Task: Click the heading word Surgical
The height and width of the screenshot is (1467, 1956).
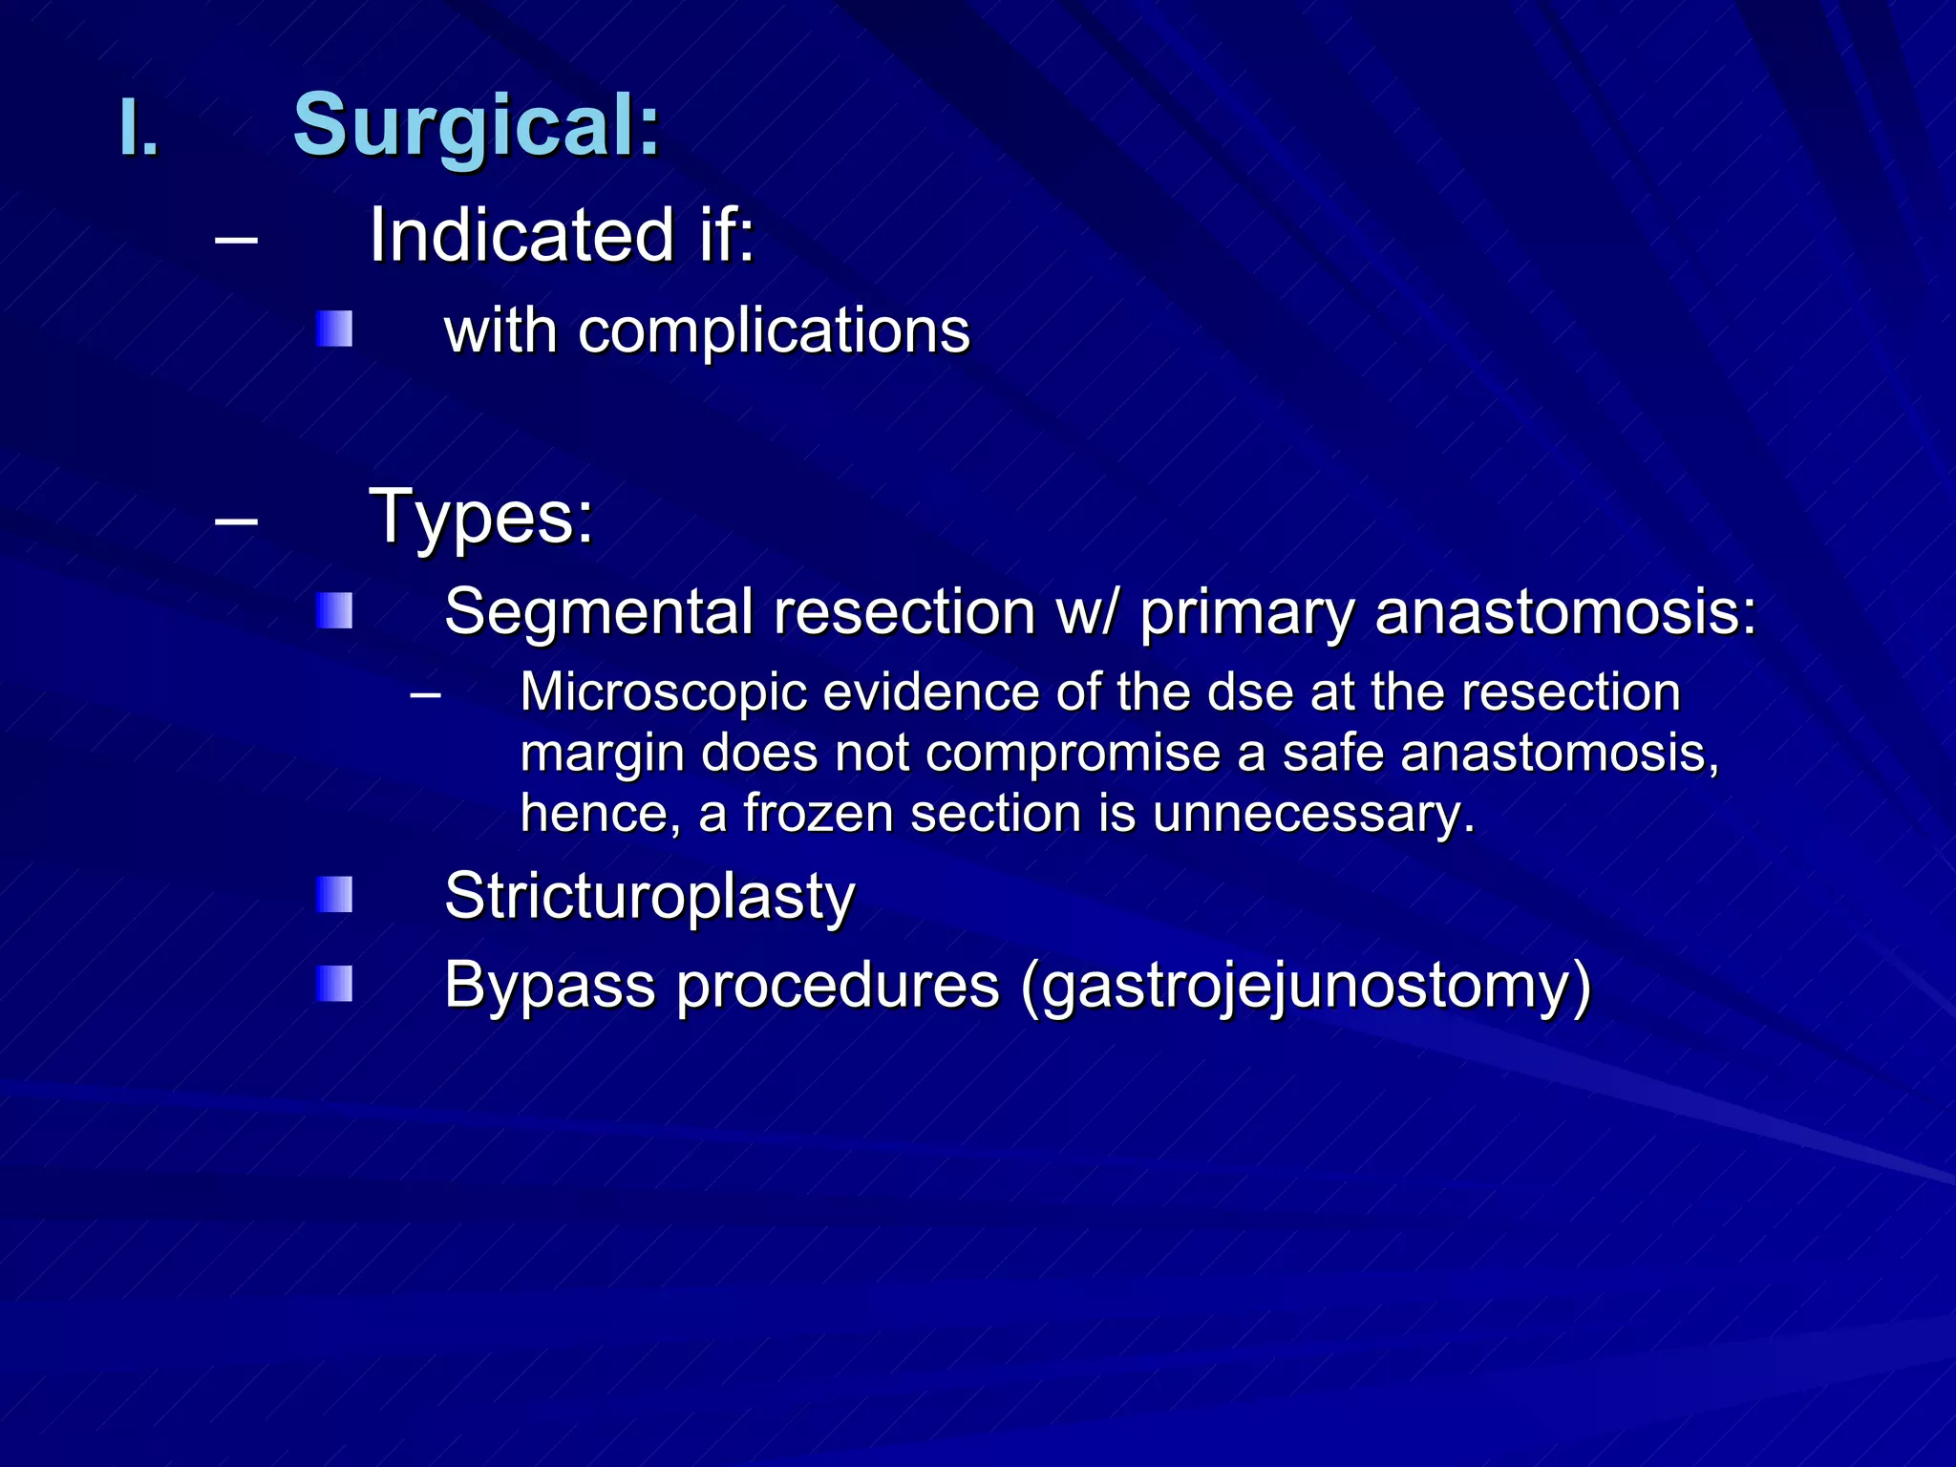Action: point(475,125)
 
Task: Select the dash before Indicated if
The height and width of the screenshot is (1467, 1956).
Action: point(236,239)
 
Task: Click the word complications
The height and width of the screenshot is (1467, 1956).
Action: point(774,331)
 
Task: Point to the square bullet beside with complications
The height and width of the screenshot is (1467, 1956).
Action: point(334,330)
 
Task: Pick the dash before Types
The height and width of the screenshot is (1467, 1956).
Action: point(236,521)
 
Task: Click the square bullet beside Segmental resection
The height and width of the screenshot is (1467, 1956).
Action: point(334,611)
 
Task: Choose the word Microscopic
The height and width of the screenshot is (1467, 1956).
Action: point(663,692)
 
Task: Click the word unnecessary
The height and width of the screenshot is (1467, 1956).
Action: point(1313,814)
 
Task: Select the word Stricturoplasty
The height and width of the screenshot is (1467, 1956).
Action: point(649,897)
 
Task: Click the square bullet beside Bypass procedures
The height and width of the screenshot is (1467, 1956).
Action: point(334,985)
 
